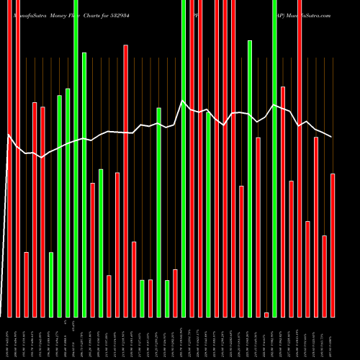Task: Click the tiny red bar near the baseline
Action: [x=266, y=315]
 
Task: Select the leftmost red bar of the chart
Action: [x=9, y=158]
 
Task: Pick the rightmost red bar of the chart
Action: [x=333, y=245]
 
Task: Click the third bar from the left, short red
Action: [x=27, y=284]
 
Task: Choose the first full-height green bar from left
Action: [x=76, y=158]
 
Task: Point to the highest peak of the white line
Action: [x=183, y=102]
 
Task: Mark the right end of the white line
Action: [x=332, y=136]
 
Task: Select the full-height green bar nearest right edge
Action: [x=275, y=158]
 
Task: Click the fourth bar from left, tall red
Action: [x=35, y=210]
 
